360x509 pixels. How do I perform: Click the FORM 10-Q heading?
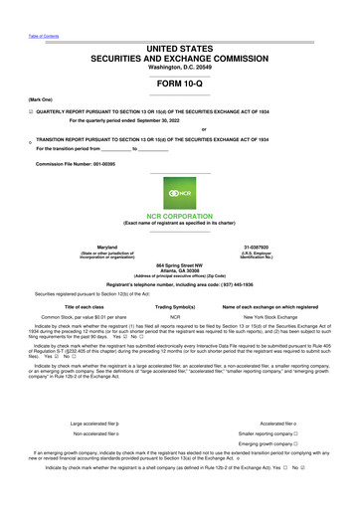click(180, 84)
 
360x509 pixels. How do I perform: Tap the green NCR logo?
click(180, 191)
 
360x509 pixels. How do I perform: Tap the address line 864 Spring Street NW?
click(180, 265)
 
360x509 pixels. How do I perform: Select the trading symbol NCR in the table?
click(175, 318)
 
